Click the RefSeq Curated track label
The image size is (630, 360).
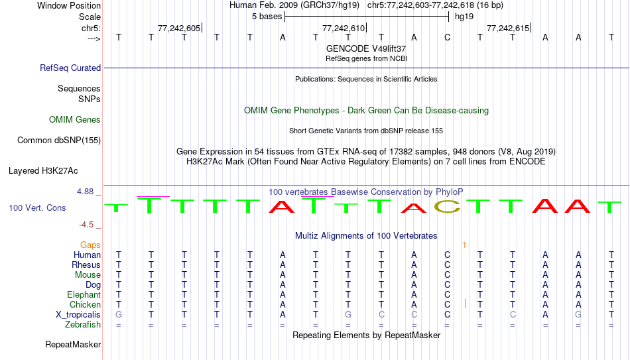[70, 68]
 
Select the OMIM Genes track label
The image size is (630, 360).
[75, 120]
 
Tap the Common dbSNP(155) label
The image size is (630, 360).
[59, 141]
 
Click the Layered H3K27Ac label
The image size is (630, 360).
[43, 171]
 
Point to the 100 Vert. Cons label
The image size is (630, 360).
[37, 208]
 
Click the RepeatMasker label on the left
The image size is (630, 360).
[73, 344]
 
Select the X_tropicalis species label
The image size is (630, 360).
[78, 315]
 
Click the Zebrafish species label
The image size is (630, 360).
[83, 325]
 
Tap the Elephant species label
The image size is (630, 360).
[84, 295]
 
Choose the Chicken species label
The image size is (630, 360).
[85, 305]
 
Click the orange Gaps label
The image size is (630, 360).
[90, 245]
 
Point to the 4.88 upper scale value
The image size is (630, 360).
[85, 192]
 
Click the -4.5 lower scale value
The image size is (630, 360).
[86, 225]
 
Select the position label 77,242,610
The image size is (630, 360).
[344, 28]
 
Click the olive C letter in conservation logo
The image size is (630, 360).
[447, 206]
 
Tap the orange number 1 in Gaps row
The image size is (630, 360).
[464, 245]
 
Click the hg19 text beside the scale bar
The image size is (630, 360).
[464, 17]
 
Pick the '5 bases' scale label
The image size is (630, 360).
[267, 17]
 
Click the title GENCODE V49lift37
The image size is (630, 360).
[366, 48]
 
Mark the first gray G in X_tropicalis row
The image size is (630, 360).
[119, 315]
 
